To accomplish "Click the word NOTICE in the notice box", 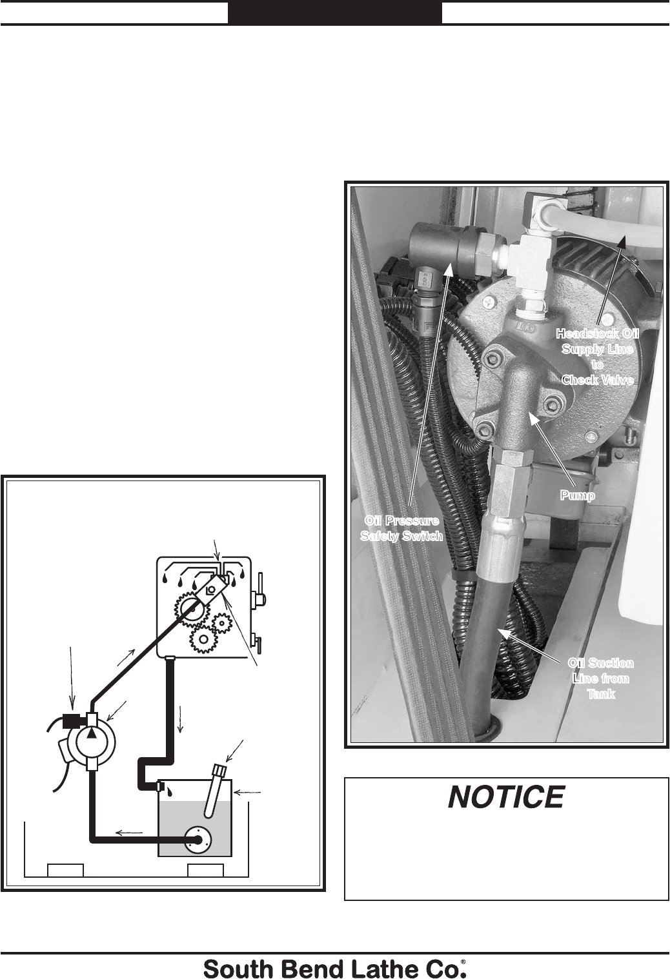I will (506, 798).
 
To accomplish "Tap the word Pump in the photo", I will (577, 495).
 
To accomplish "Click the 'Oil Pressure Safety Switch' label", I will (401, 528).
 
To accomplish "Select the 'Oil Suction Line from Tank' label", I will (600, 678).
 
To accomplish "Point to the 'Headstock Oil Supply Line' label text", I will (598, 356).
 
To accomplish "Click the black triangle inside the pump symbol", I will (95, 734).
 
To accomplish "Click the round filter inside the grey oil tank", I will (198, 839).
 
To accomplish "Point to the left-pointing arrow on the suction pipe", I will (129, 833).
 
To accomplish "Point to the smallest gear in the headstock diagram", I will (222, 622).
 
